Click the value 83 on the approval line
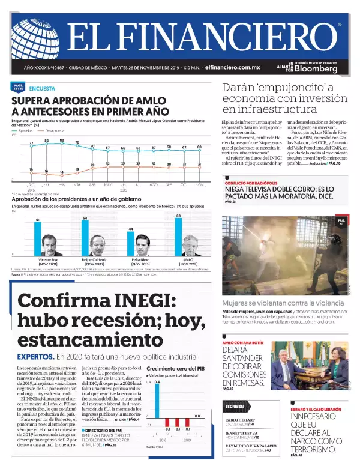(x=61, y=140)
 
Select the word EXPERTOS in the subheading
(x=38, y=356)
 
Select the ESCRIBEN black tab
(x=234, y=406)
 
